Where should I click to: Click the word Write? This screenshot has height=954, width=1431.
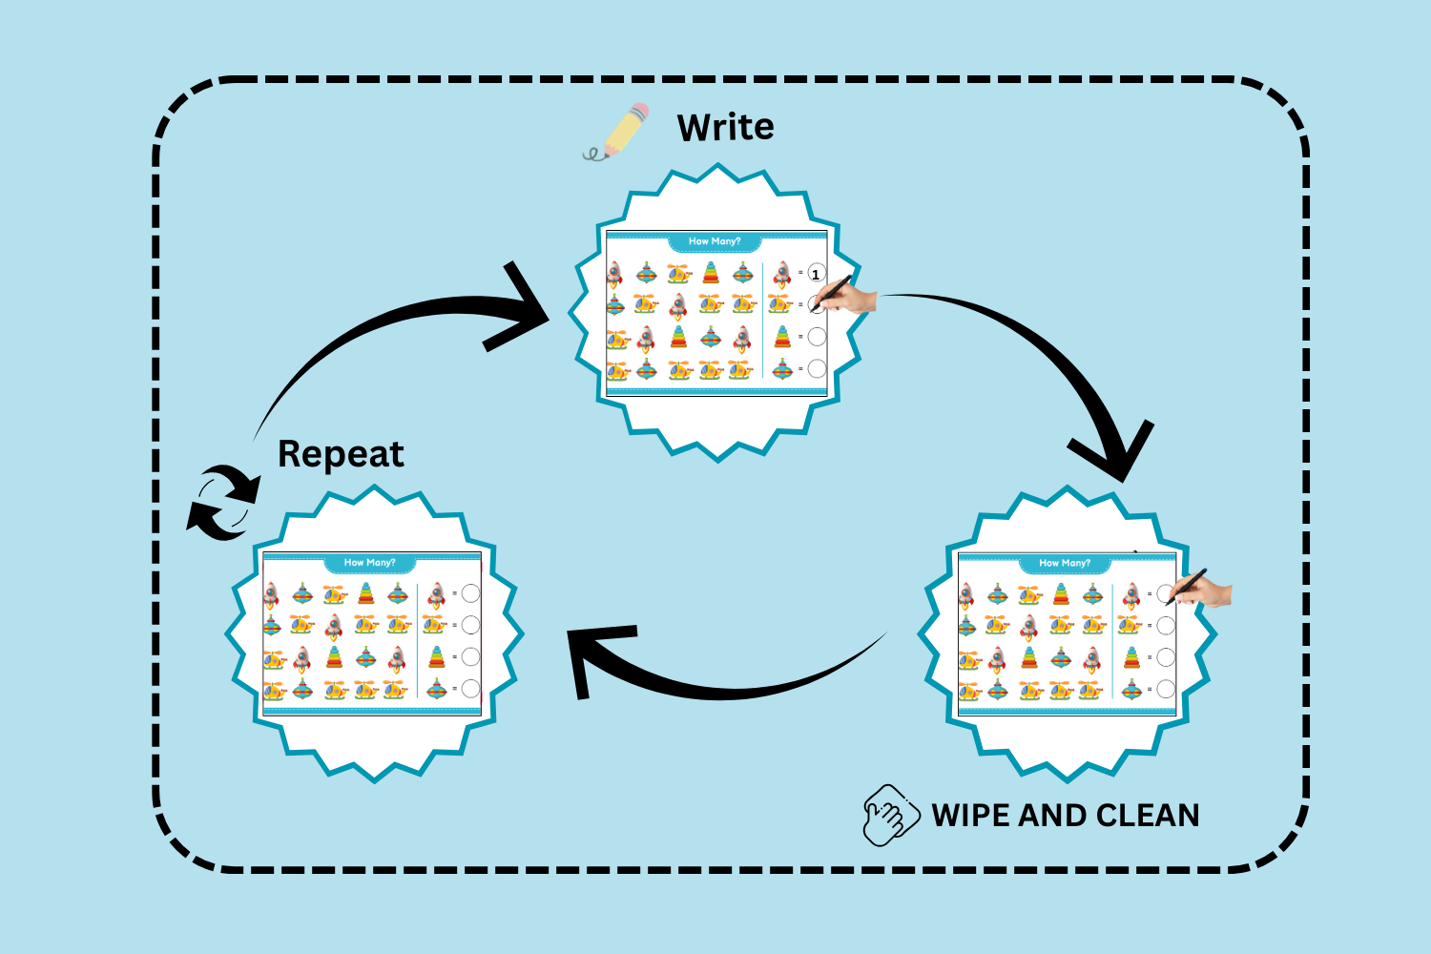725,128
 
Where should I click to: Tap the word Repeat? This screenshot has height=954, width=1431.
341,455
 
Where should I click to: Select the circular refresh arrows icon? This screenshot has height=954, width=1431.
223,502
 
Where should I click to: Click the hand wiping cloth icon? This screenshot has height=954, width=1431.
890,816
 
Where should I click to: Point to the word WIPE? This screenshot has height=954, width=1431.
970,816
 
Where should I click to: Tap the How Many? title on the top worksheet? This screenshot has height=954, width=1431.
715,241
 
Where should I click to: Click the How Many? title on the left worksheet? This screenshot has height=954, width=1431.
369,563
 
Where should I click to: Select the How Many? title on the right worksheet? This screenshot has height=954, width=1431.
1065,563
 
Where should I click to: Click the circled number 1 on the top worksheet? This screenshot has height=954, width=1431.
816,275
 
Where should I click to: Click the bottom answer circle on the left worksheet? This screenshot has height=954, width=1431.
470,688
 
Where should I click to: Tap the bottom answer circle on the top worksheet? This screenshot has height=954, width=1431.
817,368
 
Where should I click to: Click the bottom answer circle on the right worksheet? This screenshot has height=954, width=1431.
1166,689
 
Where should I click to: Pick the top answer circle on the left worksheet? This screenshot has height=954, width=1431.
470,593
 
